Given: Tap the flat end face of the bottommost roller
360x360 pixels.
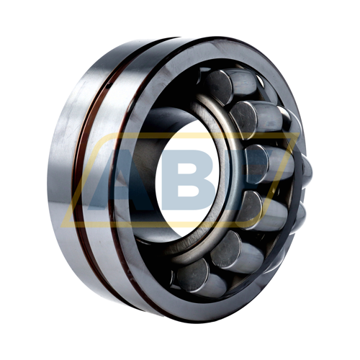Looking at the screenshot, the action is (193, 275).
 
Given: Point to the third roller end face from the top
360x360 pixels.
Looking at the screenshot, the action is (256, 163).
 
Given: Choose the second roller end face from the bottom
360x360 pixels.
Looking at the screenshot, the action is (226, 248).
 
